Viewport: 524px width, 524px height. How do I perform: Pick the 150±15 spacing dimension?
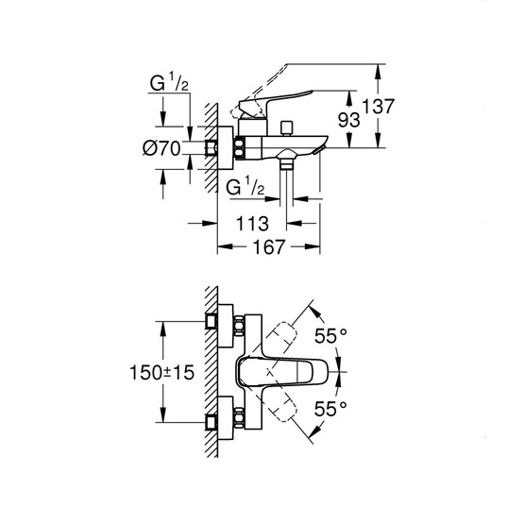point(162,373)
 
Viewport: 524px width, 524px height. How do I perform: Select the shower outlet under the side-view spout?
point(285,163)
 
